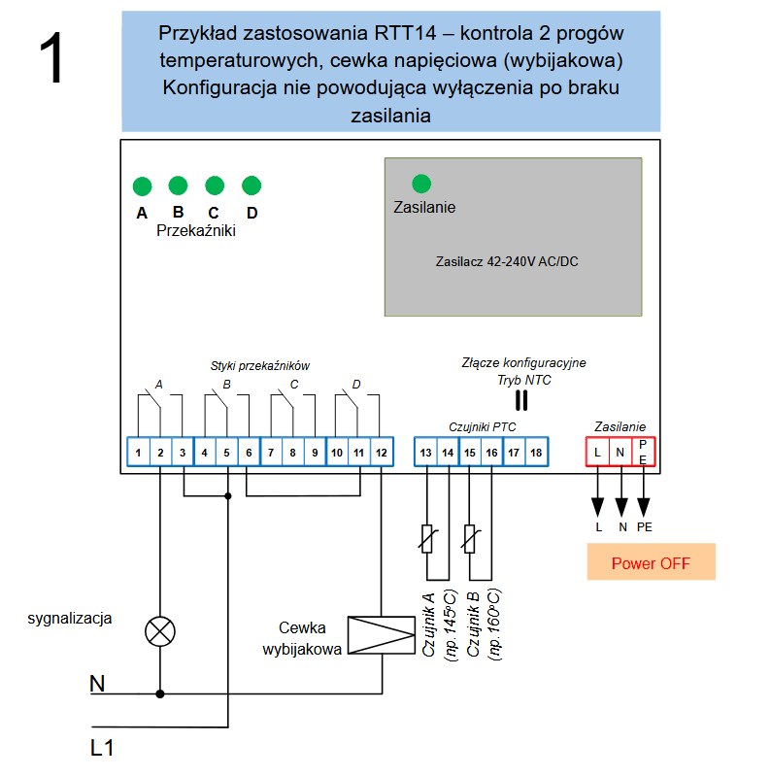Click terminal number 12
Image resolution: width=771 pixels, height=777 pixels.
[381, 452]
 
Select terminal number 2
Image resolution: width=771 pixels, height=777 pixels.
[160, 452]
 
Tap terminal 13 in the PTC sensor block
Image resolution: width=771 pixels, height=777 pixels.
[425, 452]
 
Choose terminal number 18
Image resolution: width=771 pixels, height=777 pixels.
[536, 452]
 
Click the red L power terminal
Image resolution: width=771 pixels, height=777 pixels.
[597, 452]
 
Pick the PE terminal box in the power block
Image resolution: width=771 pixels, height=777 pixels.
[644, 452]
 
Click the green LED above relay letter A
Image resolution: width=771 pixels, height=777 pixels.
[142, 186]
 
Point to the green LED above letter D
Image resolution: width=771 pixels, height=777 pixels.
[251, 186]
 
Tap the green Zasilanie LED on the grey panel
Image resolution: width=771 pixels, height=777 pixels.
[421, 184]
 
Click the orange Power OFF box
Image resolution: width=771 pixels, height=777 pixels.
[651, 562]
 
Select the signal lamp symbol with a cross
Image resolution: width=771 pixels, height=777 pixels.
[160, 631]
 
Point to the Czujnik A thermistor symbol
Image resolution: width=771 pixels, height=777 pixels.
[426, 538]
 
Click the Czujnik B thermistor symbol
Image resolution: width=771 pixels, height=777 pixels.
[470, 538]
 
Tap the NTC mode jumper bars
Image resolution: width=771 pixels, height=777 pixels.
[520, 399]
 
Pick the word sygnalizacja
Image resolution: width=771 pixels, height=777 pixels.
[70, 618]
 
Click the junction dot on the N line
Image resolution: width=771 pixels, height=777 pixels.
[160, 694]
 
